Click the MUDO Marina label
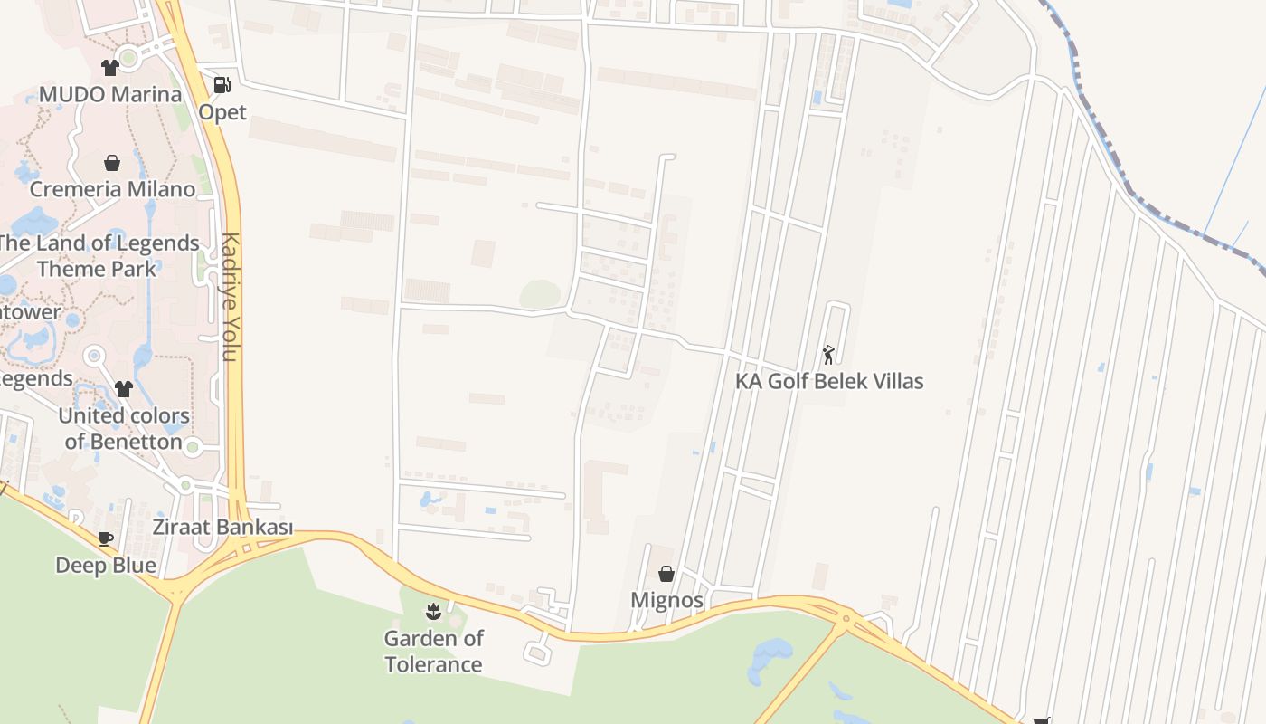110,94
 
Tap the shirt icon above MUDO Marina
110,68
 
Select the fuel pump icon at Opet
222,85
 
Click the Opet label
222,112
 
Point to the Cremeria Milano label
112,189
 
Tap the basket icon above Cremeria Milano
112,163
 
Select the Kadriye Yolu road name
231,297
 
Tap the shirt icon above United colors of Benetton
124,389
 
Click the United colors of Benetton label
124,429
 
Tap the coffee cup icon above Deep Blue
106,539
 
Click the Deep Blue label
106,566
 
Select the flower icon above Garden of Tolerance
433,612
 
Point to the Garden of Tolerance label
433,652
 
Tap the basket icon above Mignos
666,574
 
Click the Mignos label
666,600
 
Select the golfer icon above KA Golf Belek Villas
828,355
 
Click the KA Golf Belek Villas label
829,381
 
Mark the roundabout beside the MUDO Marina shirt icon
128,59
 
